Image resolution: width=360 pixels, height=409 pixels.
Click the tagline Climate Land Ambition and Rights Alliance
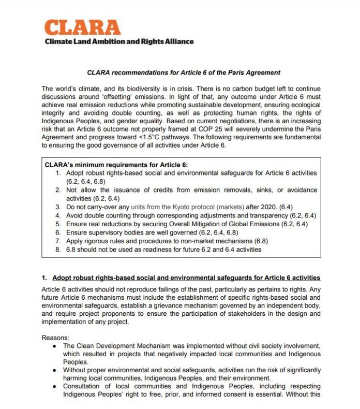[x=118, y=41]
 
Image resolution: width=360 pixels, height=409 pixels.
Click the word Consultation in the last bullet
[x=84, y=386]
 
